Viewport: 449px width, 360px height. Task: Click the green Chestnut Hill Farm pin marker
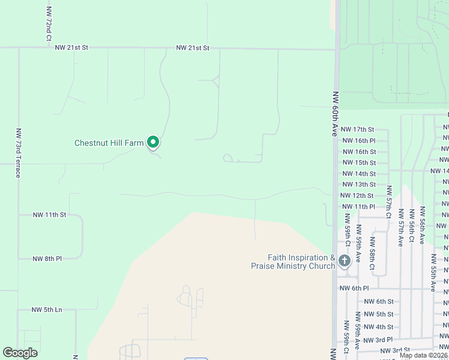(x=153, y=142)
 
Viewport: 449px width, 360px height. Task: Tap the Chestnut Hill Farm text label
(x=109, y=143)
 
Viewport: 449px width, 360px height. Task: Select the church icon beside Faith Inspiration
(x=344, y=260)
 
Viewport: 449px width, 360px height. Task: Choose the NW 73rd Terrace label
(x=19, y=152)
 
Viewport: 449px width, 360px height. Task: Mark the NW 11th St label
(x=49, y=214)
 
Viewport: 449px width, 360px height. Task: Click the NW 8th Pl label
(x=47, y=259)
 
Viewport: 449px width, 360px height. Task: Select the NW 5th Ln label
(x=47, y=310)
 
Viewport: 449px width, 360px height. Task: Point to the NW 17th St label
(x=357, y=129)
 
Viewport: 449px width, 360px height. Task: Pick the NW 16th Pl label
(x=358, y=140)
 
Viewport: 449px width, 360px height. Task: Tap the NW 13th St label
(x=358, y=184)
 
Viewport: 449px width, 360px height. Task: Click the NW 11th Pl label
(x=358, y=206)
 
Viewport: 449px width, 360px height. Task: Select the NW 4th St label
(x=378, y=327)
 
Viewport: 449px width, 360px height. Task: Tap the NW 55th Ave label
(x=433, y=272)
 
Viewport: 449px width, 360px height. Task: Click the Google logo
(x=20, y=353)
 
